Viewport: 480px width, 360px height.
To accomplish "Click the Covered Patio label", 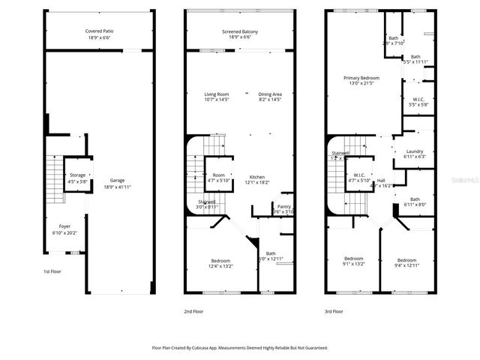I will click(99, 31).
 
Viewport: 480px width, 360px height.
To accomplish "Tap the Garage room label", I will click(117, 180).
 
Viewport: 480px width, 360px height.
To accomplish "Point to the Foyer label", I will click(64, 225).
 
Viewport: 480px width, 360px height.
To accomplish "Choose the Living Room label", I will click(217, 94).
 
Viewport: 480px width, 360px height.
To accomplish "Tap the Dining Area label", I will click(269, 94).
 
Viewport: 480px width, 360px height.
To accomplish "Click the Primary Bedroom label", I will click(361, 78).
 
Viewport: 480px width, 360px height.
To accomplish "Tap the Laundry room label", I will click(414, 152).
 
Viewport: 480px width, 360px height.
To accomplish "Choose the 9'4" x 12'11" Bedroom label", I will click(406, 259).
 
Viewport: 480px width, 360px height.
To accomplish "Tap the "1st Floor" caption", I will click(52, 271).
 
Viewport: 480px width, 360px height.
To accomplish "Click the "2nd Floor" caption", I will click(193, 310).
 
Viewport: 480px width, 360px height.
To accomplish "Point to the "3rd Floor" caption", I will click(333, 310).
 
